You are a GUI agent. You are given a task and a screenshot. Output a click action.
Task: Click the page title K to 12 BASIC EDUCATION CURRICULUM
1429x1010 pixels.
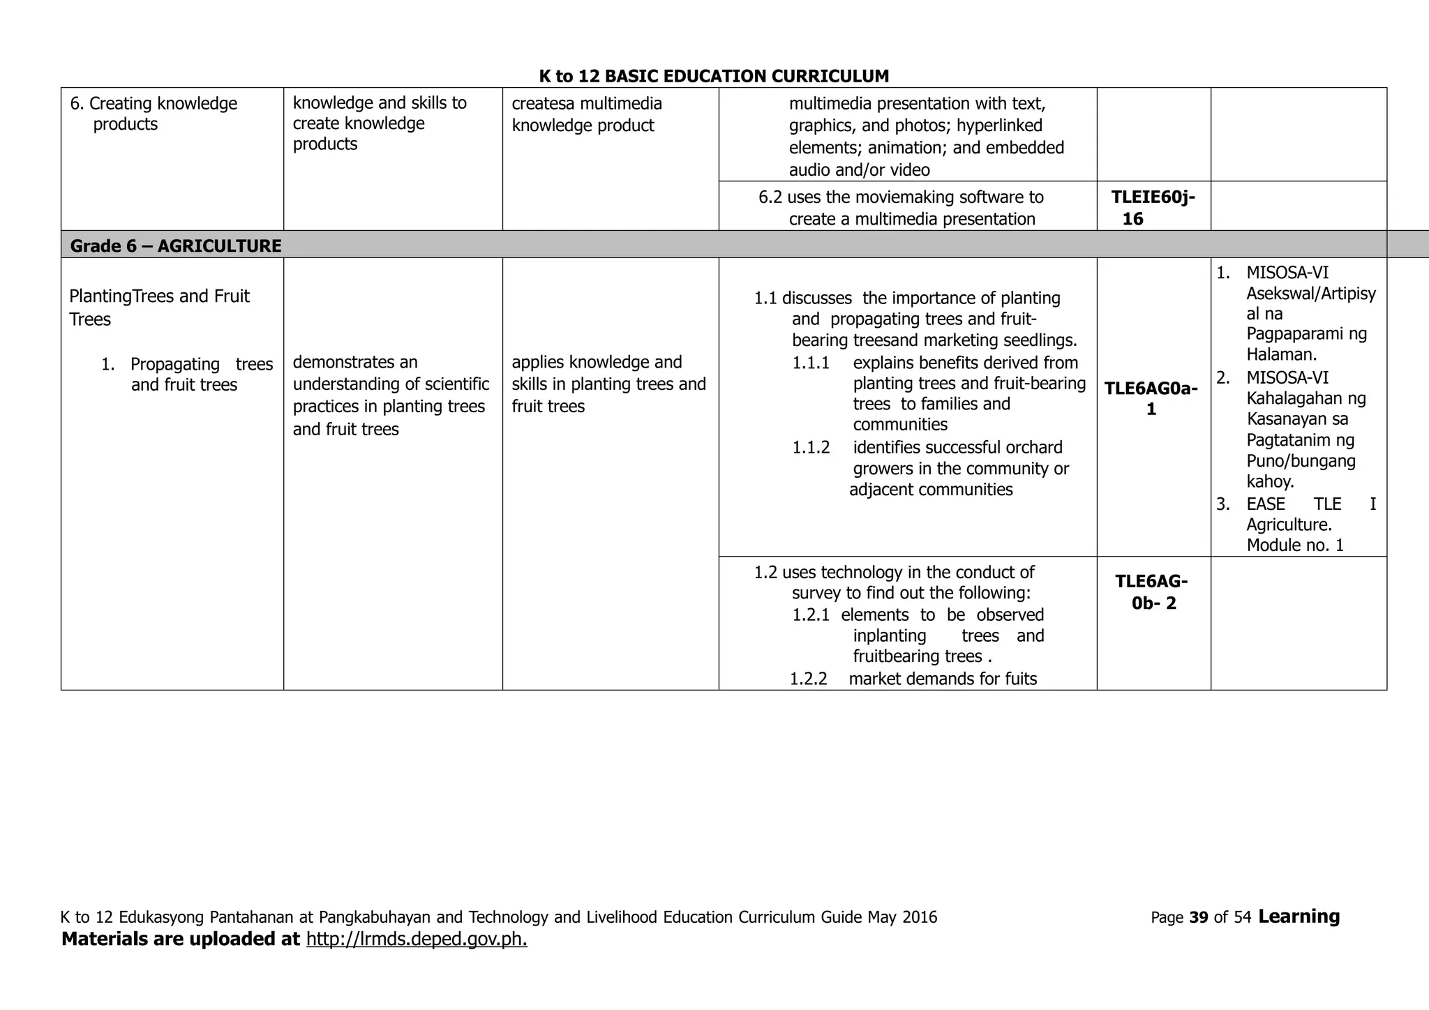(714, 76)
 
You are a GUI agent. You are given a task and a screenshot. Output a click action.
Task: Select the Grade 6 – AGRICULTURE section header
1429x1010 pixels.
(176, 246)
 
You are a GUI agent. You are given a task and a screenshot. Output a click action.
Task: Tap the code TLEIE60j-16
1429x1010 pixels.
(1152, 208)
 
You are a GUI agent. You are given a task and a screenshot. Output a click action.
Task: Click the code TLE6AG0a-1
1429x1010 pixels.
(1151, 398)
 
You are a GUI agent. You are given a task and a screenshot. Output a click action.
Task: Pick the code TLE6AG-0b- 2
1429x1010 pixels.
(1151, 592)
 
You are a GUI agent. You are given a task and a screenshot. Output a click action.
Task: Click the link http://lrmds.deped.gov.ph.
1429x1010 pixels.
(417, 939)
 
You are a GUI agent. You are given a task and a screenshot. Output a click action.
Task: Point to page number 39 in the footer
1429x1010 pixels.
(1198, 917)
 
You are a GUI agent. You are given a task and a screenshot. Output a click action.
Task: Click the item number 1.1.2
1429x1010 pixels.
(811, 448)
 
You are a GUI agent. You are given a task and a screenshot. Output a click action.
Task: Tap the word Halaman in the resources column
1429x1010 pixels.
(1280, 354)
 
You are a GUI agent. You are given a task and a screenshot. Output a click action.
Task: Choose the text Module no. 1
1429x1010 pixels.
(1294, 545)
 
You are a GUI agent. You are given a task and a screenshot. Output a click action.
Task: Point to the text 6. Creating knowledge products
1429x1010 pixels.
(154, 114)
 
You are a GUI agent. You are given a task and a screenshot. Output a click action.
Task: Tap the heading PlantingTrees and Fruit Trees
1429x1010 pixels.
(159, 308)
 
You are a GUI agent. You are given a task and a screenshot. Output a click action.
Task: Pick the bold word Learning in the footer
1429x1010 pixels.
(1299, 917)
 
